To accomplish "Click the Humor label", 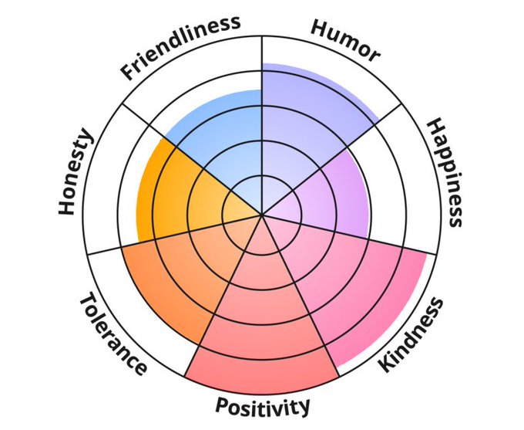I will pyautogui.click(x=344, y=39).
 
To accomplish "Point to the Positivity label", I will pyautogui.click(x=263, y=405).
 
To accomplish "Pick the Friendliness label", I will pyautogui.click(x=180, y=46).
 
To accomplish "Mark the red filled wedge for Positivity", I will pyautogui.click(x=262, y=332).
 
